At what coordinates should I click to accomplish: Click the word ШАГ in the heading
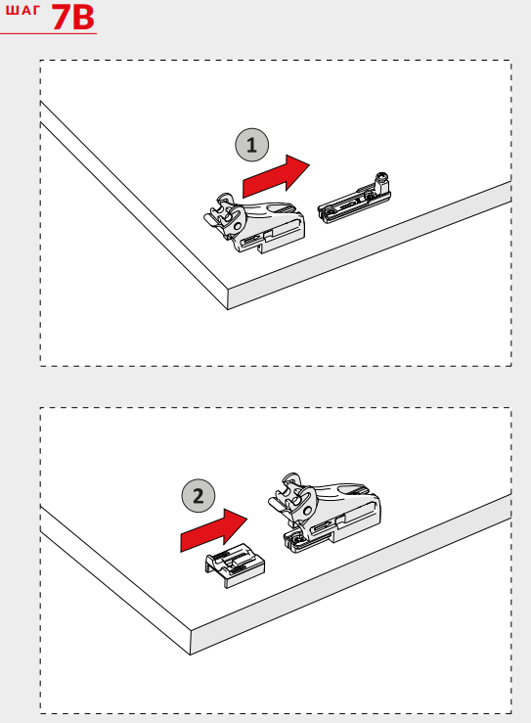tap(22, 10)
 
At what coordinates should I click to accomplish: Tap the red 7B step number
tap(72, 18)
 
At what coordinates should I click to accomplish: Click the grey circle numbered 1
tap(251, 145)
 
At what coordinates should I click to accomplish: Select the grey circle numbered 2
tap(199, 496)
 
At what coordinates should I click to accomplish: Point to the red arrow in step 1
tap(276, 176)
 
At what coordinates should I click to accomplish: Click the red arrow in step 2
tap(213, 530)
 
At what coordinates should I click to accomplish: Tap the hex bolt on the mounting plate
tap(381, 182)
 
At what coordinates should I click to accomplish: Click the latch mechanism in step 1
tap(254, 223)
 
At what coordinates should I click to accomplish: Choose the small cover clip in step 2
tap(235, 565)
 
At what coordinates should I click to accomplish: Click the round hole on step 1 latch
tap(238, 226)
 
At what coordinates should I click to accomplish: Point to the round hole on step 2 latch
tap(306, 510)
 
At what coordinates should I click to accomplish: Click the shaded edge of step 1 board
tap(370, 246)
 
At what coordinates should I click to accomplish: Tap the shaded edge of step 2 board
tap(351, 574)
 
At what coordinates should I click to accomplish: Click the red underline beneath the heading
tap(48, 33)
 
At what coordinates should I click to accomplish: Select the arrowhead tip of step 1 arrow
tap(310, 164)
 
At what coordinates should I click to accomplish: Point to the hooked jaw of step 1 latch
tap(224, 213)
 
